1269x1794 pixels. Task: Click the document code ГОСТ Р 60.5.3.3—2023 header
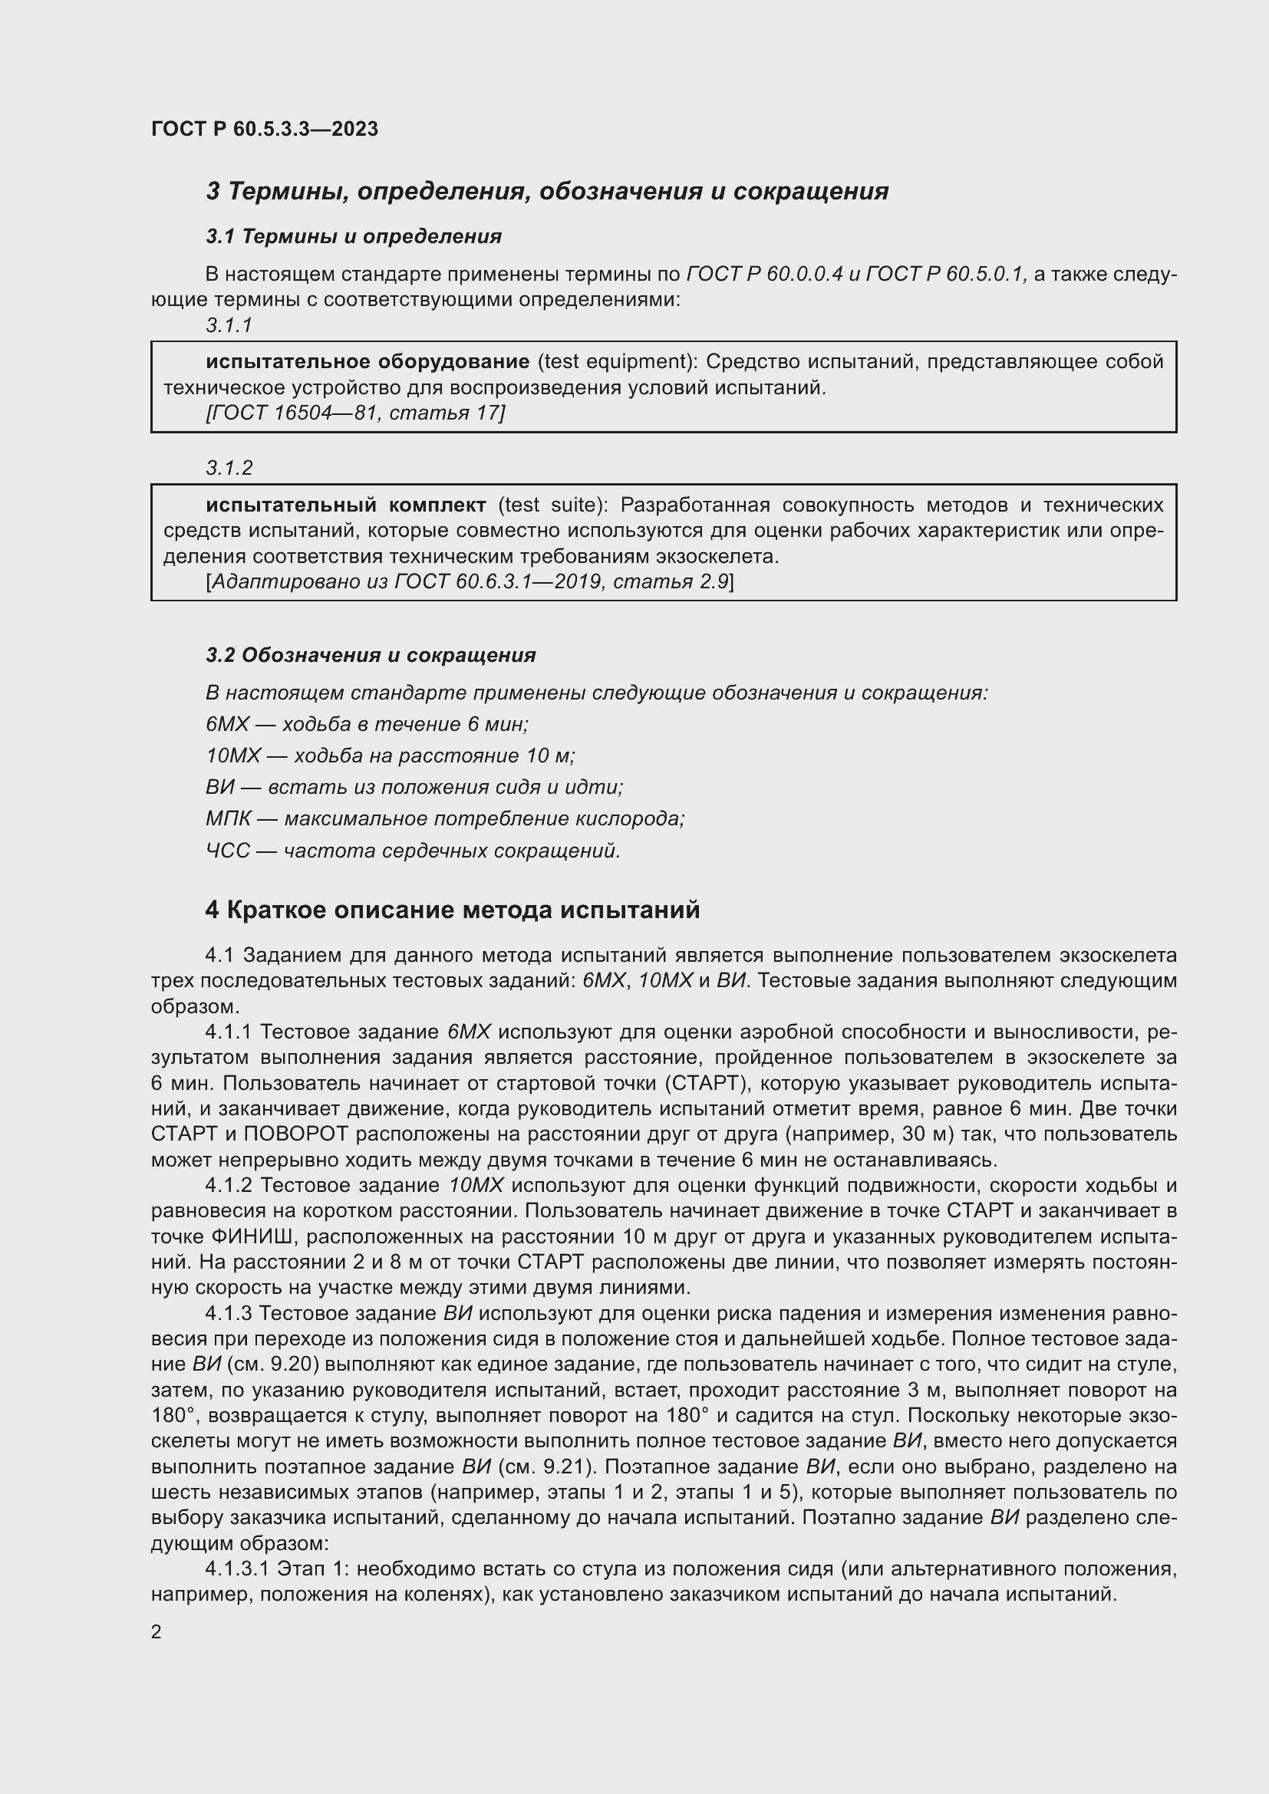pos(264,129)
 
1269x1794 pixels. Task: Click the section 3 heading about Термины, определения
pos(547,192)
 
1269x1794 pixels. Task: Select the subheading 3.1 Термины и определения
pos(353,236)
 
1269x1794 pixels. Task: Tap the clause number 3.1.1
pos(229,326)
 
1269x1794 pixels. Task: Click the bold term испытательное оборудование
pos(368,362)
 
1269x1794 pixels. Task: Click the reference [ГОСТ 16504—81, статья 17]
pos(355,413)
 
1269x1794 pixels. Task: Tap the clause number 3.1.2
pos(229,468)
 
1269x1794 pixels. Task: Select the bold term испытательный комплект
pos(346,505)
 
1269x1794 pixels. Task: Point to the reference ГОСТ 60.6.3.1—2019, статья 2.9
pos(469,581)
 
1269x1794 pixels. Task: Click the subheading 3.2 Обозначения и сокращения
pos(371,656)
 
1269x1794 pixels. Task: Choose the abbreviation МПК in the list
pos(228,819)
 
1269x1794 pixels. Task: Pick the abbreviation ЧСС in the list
pos(227,851)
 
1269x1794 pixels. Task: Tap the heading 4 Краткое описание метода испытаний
pos(453,910)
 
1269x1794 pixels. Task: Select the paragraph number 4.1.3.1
pos(237,1569)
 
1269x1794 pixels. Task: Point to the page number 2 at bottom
pos(157,1632)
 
